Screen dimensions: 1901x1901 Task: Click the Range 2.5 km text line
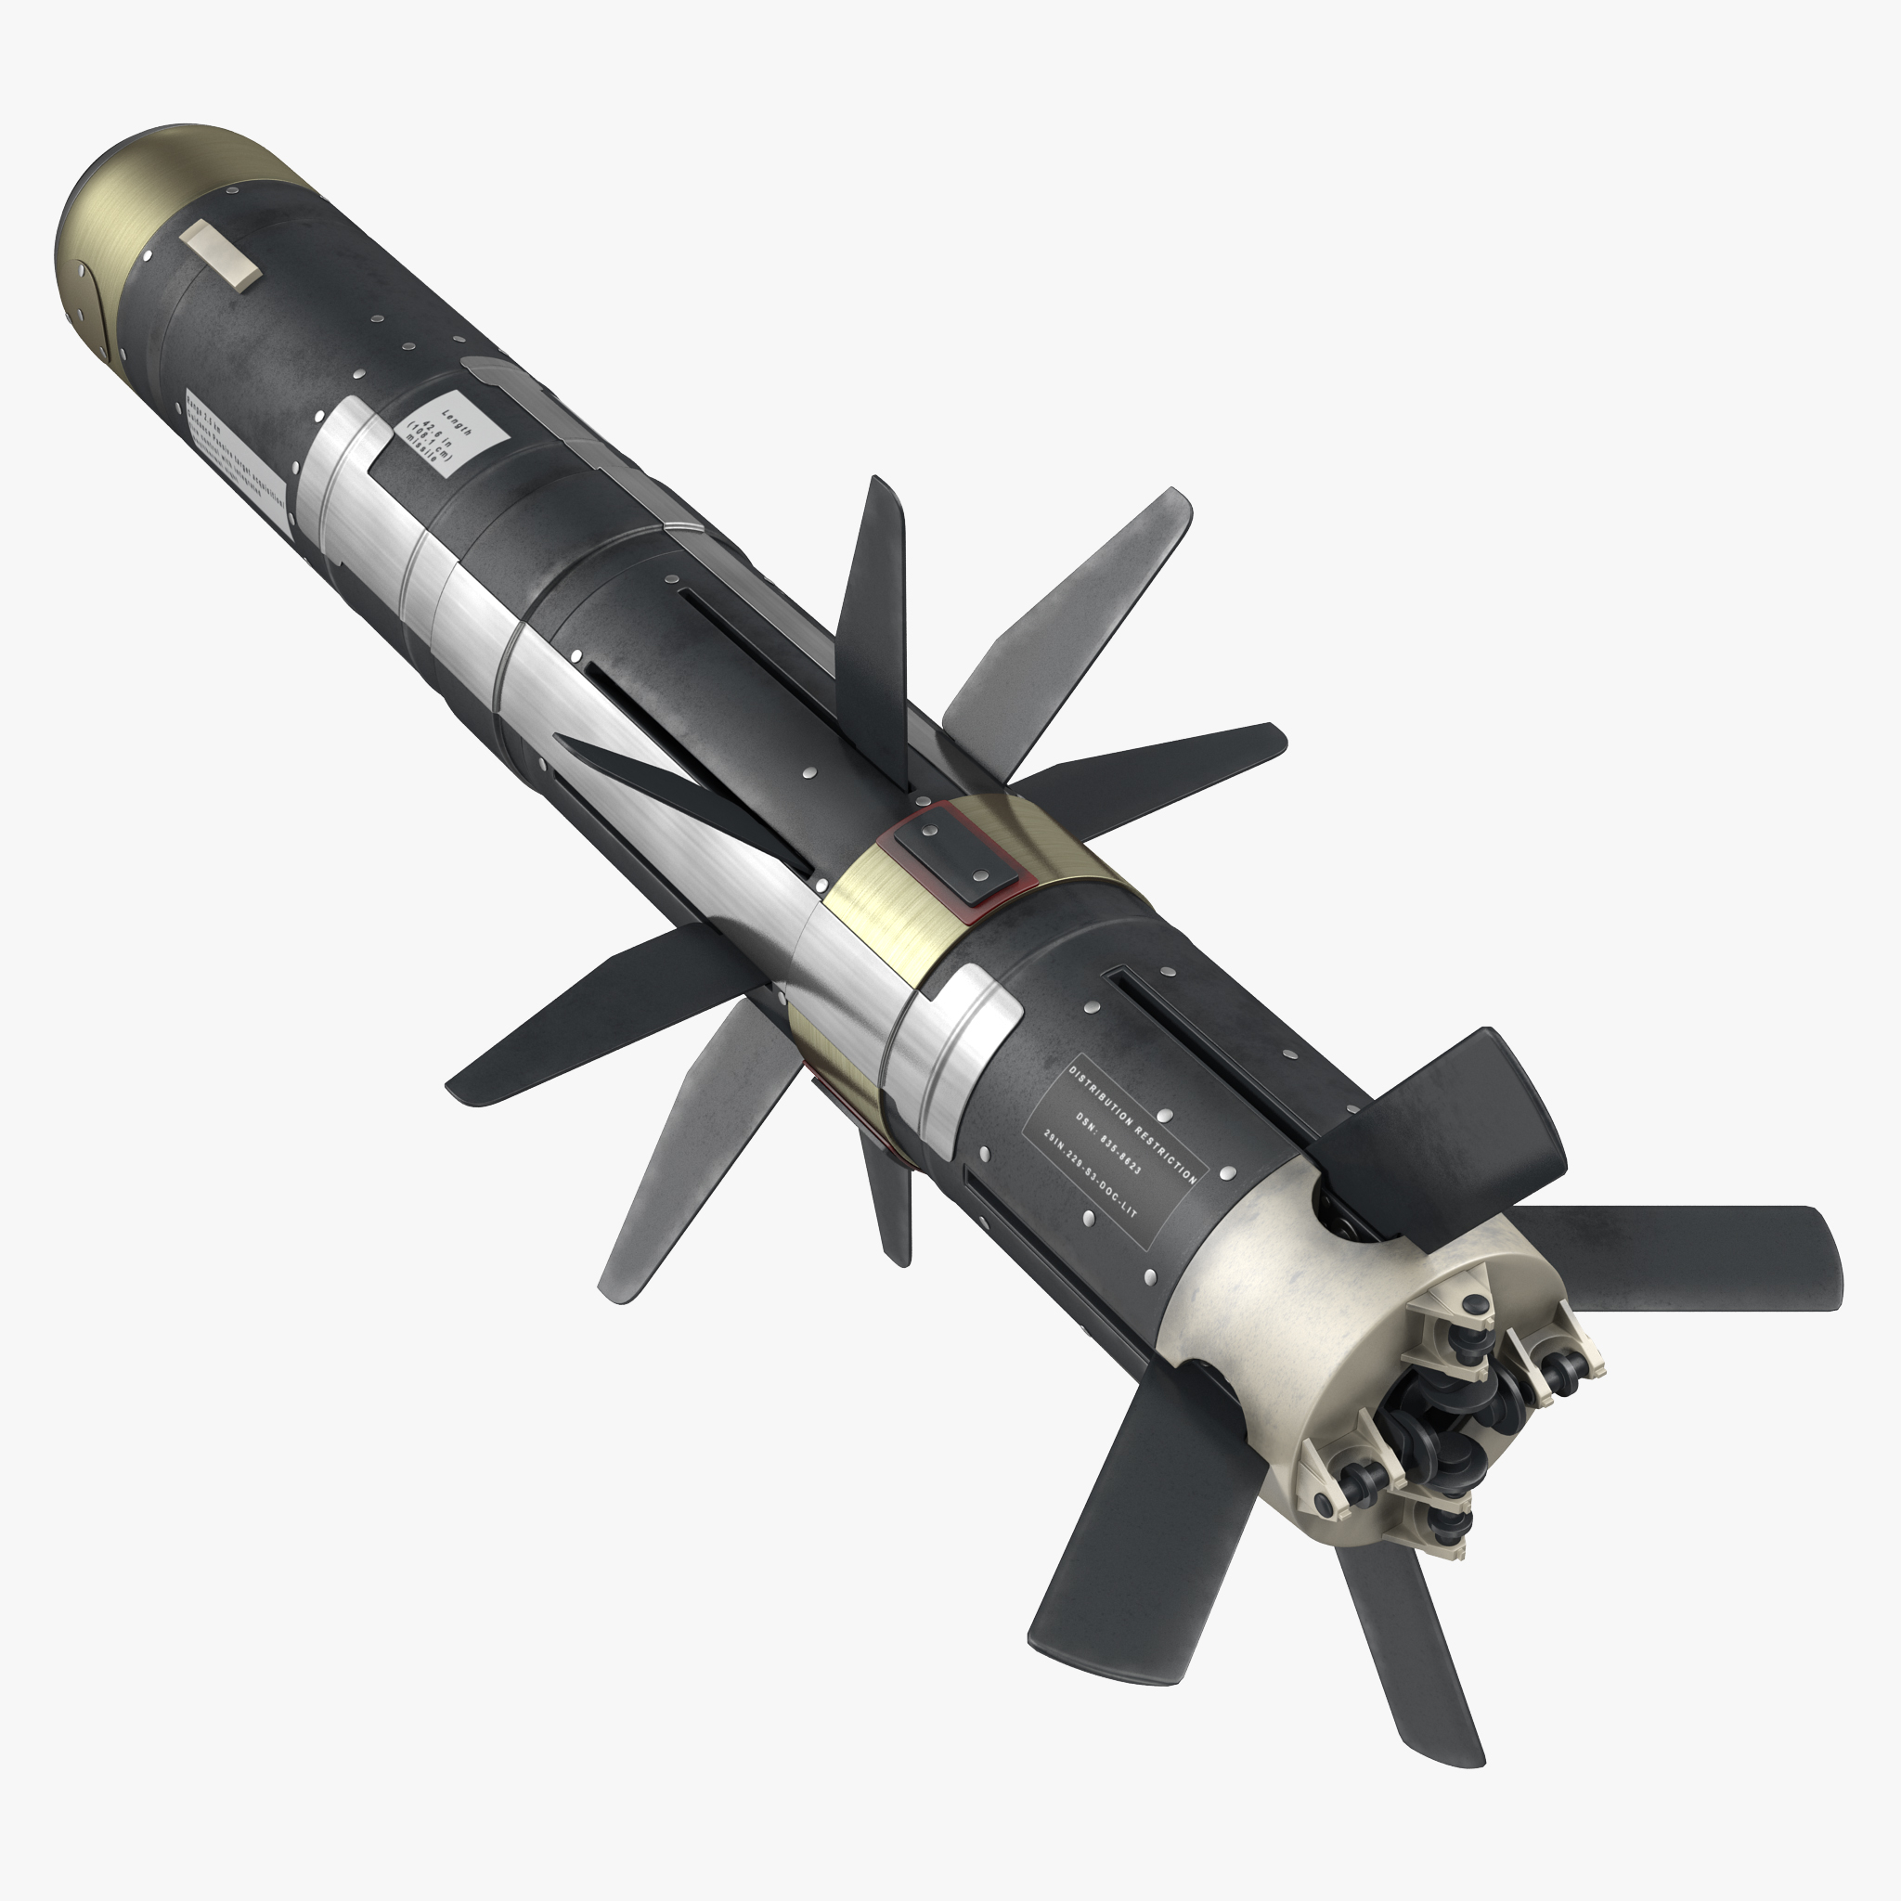[x=202, y=414]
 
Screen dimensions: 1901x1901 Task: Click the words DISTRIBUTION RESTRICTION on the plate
[x=1133, y=1121]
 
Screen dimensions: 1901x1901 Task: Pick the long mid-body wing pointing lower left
[x=590, y=1023]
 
